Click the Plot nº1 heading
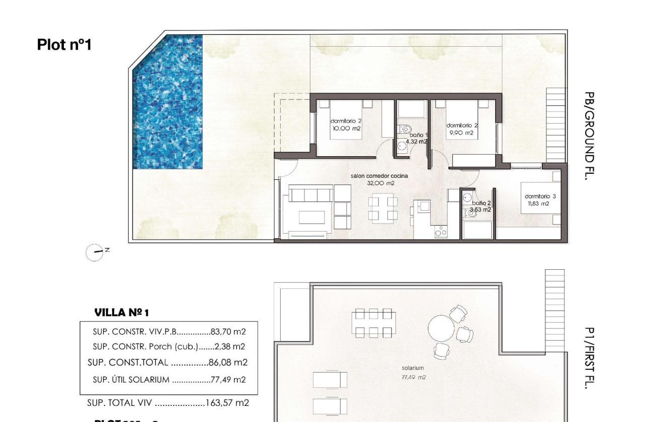(x=64, y=45)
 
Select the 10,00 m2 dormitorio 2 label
(x=345, y=125)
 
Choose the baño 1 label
(x=418, y=138)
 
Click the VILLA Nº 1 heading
(x=122, y=313)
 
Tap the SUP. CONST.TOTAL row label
(x=131, y=362)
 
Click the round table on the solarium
(x=441, y=329)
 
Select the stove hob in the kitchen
(x=441, y=232)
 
